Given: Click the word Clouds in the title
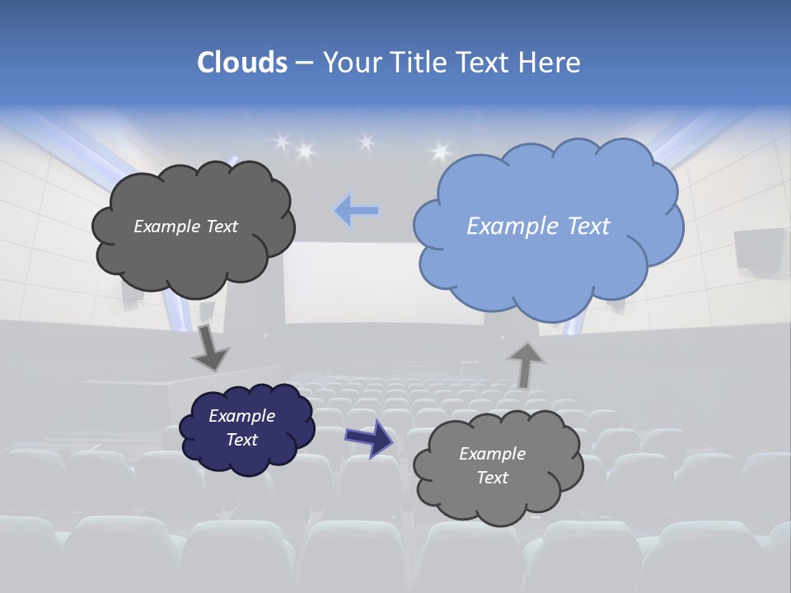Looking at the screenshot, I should pos(241,63).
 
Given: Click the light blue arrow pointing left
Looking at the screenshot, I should pos(356,211).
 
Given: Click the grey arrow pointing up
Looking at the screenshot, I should pos(525,363).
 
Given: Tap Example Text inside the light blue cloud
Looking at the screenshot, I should pos(538,226).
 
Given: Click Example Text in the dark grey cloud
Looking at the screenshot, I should pos(185,226).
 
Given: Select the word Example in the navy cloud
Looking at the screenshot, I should pos(241,416).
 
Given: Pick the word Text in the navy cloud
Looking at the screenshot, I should pos(241,440).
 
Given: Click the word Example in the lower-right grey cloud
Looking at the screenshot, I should pos(492,454).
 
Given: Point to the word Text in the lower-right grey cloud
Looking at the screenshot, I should pos(492,478).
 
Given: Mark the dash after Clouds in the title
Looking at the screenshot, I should pos(304,63).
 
